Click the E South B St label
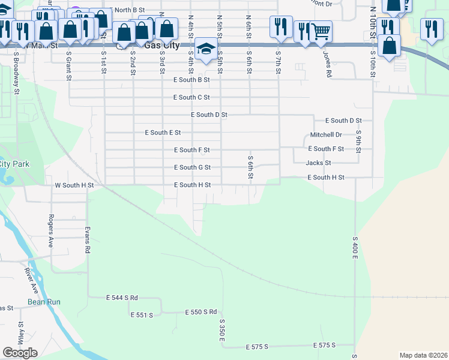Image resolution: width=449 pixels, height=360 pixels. click(x=191, y=80)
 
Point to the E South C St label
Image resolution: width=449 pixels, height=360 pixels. click(x=191, y=97)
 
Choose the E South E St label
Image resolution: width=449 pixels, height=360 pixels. click(x=163, y=133)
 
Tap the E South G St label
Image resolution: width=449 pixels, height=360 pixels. click(x=192, y=167)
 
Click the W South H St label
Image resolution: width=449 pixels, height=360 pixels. click(x=74, y=185)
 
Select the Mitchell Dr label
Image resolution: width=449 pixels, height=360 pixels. click(x=326, y=135)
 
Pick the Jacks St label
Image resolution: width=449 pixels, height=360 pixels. click(x=318, y=163)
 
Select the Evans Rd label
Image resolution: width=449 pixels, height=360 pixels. click(x=88, y=240)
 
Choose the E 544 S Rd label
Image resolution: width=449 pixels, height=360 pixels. click(x=122, y=298)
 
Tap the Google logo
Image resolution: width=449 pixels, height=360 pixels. click(x=20, y=353)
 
